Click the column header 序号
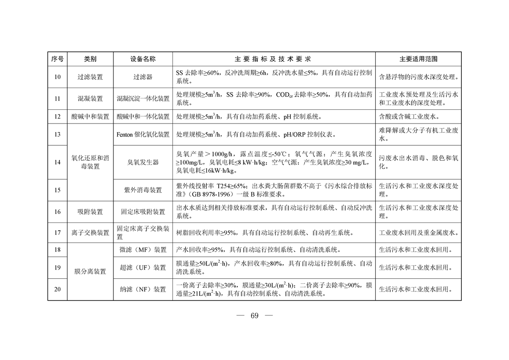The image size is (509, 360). point(57,59)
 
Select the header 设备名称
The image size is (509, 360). point(143,59)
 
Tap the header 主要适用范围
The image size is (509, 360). point(418,59)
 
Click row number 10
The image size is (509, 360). point(57,77)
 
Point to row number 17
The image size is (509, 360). point(57,233)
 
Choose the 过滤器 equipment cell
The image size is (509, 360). point(143,77)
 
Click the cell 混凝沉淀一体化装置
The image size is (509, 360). point(143,99)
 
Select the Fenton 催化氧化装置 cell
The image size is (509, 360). point(143,134)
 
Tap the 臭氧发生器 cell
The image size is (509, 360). point(143,162)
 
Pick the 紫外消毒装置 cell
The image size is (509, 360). point(143,190)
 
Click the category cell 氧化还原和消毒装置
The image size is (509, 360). point(90,162)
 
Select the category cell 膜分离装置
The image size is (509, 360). point(90,271)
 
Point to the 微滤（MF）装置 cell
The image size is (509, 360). point(143,250)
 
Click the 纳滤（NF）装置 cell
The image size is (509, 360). point(143,289)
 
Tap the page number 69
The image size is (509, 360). point(254,316)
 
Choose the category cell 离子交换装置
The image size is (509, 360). point(90,233)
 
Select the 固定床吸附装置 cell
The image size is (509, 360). point(143,212)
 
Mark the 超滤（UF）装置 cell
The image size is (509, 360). point(143,268)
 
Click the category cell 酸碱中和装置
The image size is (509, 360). point(90,117)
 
